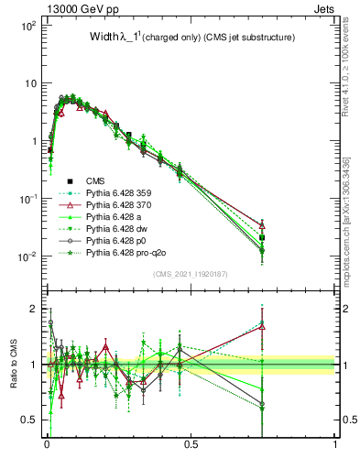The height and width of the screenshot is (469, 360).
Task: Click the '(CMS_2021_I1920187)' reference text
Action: point(191,273)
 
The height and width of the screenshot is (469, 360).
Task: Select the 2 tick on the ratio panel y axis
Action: point(37,309)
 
